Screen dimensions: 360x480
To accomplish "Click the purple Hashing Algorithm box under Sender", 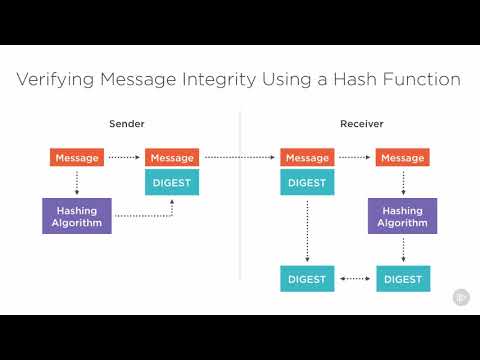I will coord(77,215).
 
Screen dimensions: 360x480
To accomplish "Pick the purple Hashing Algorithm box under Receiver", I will coord(402,215).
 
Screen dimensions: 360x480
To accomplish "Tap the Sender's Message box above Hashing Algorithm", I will coord(77,157).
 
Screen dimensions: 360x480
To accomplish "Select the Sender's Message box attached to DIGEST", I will coord(172,157).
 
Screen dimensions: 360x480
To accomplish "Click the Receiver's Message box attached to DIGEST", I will coord(307,157).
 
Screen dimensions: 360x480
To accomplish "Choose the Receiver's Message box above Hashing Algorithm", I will coord(402,157).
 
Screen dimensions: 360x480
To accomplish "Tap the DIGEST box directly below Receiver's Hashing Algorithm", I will coord(402,279).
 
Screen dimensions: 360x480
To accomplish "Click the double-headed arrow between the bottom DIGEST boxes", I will coord(355,279).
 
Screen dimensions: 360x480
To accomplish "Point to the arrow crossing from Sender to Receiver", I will coord(240,157).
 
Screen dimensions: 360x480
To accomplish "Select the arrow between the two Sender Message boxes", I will coord(124,157).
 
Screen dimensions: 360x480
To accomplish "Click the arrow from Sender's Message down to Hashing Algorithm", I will coord(77,181).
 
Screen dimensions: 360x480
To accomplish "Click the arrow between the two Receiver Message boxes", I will coord(355,157).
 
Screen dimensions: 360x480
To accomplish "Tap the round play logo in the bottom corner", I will coord(461,296).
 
